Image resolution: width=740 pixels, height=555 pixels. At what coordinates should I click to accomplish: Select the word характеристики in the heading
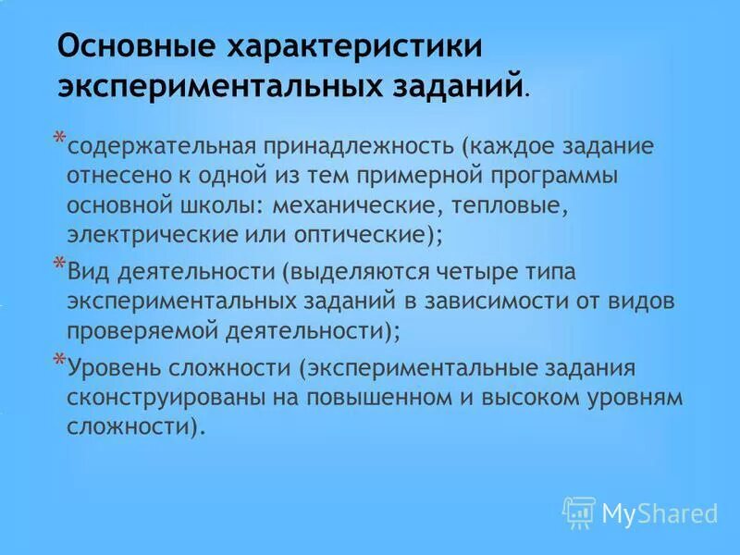tap(351, 46)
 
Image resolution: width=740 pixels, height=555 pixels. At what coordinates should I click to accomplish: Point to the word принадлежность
tap(359, 146)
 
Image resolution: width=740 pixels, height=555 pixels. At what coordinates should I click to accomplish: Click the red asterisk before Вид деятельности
tap(58, 265)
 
